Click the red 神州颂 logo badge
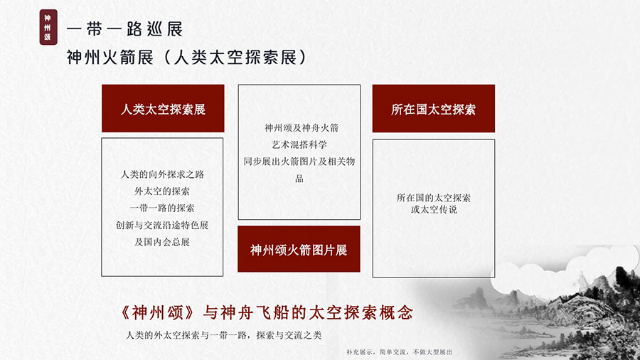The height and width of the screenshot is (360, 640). tap(48, 27)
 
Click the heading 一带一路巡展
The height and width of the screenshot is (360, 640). tap(124, 29)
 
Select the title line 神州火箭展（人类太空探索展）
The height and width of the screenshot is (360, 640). tap(186, 57)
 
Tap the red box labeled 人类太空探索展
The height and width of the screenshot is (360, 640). tap(163, 109)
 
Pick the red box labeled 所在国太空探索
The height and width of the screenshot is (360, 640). tap(434, 109)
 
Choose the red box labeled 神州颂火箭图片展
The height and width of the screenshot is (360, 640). tap(299, 249)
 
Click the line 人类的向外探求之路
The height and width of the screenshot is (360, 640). tap(162, 174)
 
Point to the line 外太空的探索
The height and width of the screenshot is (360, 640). tap(162, 191)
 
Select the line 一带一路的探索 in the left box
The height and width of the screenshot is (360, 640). tap(162, 208)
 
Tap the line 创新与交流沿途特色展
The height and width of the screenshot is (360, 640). tap(162, 225)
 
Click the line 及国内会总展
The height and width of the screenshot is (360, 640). tap(162, 242)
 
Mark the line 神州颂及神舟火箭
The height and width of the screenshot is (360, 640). tap(302, 128)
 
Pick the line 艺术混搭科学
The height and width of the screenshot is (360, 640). tap(299, 144)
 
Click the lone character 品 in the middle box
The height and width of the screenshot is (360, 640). tap(299, 179)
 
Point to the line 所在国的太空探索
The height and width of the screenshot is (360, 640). tap(434, 198)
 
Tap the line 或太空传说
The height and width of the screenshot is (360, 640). tap(434, 209)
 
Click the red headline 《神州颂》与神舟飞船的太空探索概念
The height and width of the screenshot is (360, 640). tap(267, 312)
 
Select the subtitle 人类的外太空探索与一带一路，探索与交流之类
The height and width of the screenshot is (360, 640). tap(224, 335)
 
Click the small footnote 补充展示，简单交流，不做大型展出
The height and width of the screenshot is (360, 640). tap(399, 352)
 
